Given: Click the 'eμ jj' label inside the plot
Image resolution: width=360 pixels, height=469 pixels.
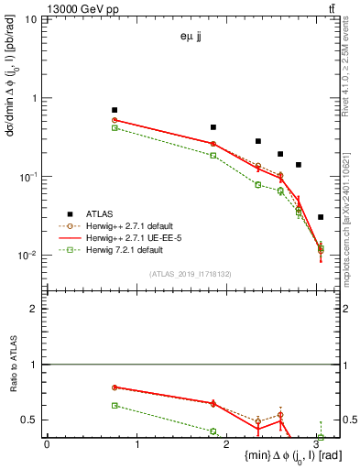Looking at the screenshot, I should tap(194, 38).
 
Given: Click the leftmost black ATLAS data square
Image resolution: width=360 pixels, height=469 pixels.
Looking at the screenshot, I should tap(115, 110).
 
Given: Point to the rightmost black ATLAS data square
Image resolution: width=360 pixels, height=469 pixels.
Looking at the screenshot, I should tap(320, 217).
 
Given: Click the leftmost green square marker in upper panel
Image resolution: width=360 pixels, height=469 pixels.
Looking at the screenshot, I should tap(115, 127).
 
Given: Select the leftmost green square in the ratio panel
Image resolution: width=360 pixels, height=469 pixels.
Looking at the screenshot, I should tap(115, 405).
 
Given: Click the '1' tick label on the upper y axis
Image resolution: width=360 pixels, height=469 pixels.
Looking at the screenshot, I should tap(35, 98).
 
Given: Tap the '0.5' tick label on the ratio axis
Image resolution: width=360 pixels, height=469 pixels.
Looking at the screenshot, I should tap(30, 420).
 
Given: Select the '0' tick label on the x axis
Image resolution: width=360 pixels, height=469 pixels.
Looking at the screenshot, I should tap(47, 445).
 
